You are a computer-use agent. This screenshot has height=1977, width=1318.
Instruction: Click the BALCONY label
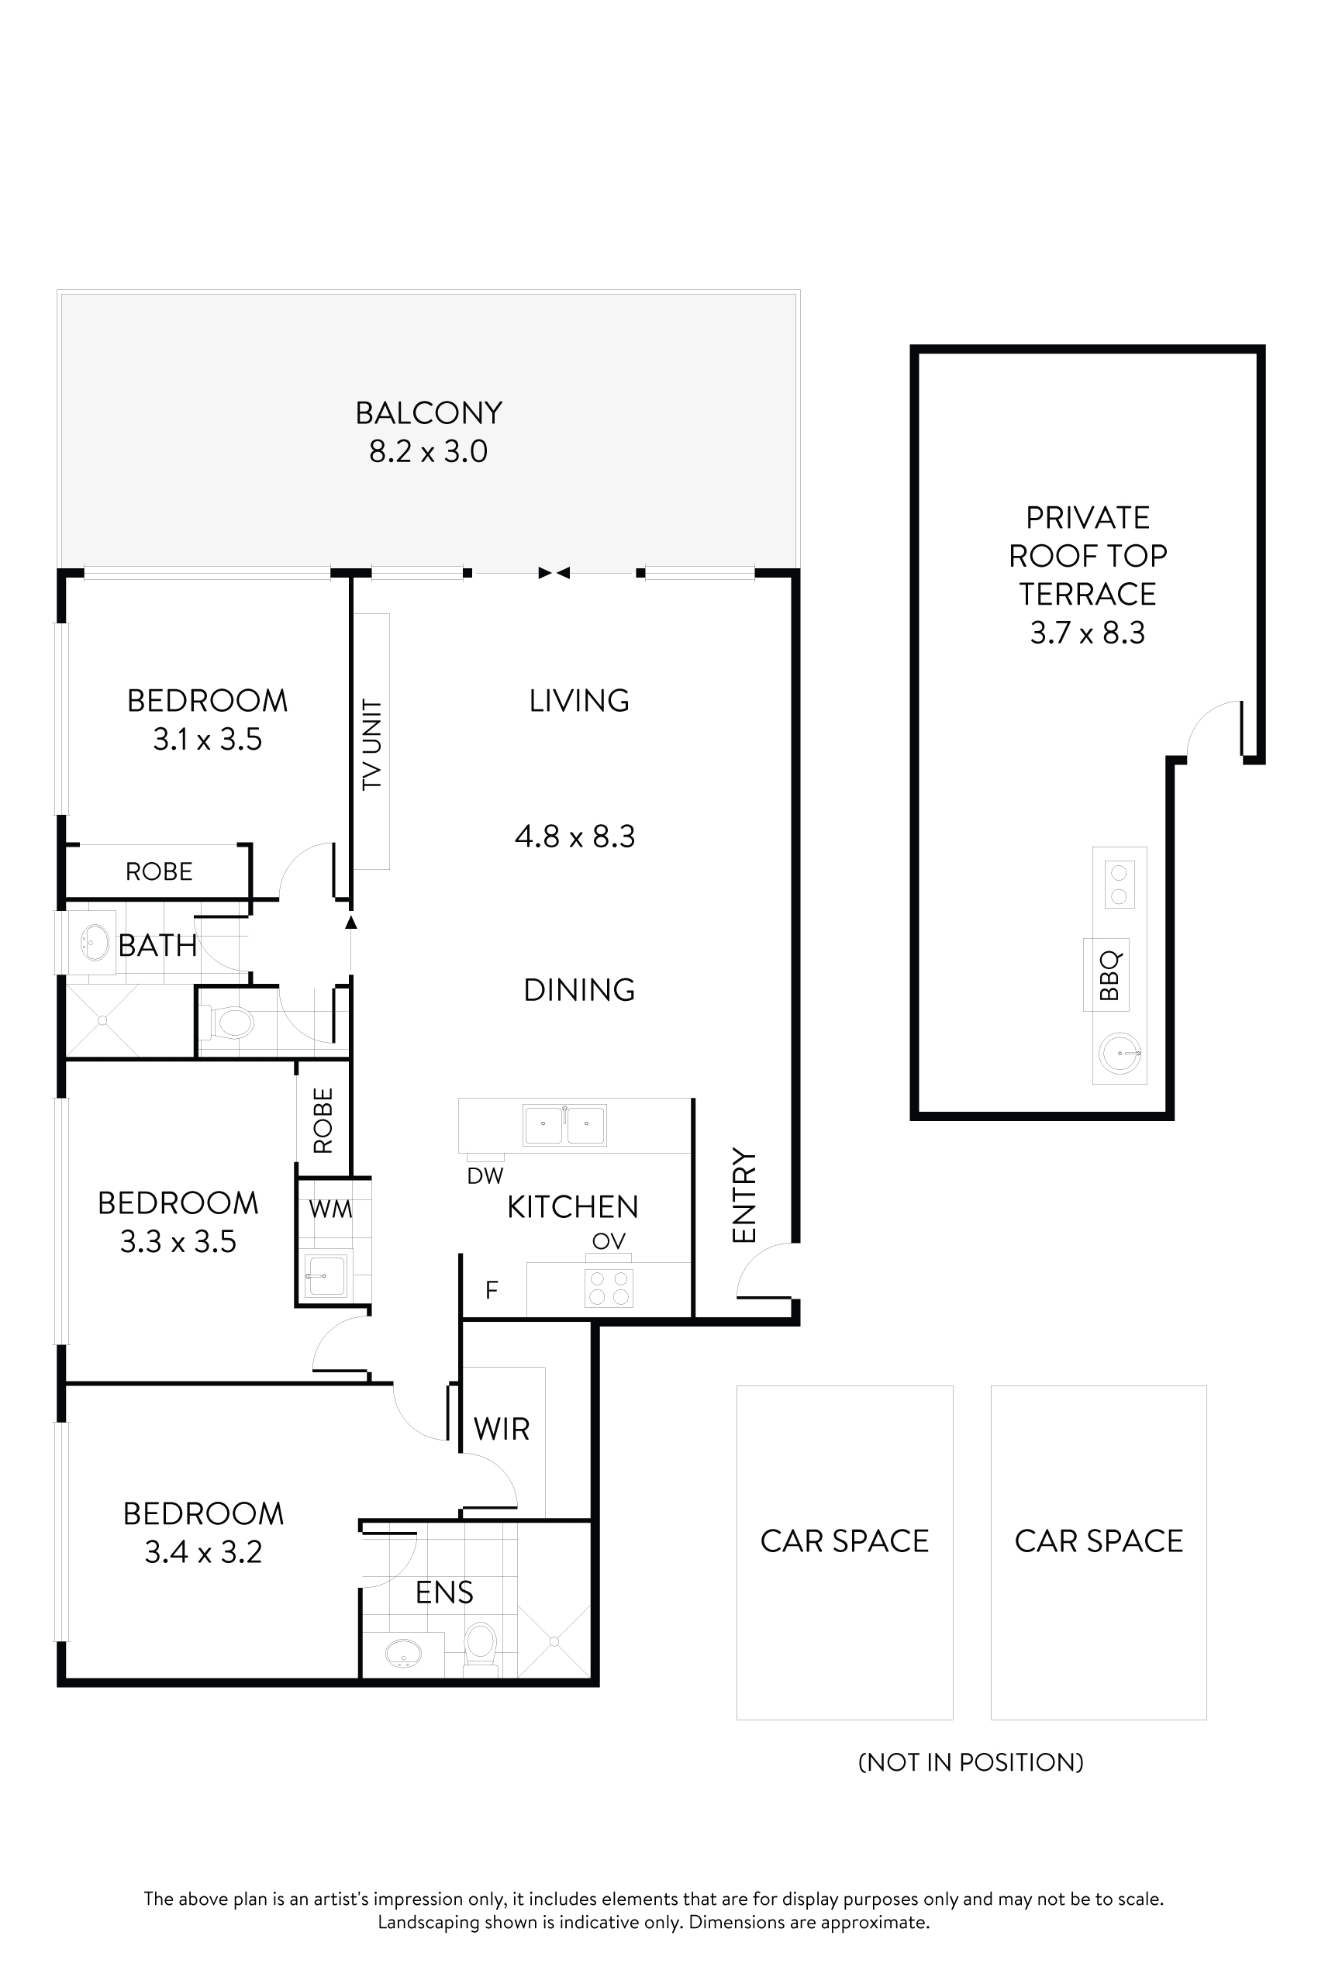coord(429,413)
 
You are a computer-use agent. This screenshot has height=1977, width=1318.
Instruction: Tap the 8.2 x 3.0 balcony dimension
coord(429,452)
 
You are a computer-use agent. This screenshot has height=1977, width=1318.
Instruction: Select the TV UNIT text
coord(371,744)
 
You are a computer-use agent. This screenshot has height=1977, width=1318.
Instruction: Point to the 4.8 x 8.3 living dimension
coord(575,837)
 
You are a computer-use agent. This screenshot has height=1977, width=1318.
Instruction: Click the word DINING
coord(579,990)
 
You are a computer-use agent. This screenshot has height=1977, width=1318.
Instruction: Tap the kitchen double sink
coord(565,1126)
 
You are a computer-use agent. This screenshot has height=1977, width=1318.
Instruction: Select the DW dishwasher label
coord(485,1176)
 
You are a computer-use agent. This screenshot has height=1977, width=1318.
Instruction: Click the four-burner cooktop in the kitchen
coord(609,1288)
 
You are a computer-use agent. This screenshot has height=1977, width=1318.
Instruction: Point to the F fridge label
coord(492,1289)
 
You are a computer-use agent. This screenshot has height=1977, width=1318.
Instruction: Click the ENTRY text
coord(745,1196)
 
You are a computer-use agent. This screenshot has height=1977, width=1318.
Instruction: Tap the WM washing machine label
coord(330,1209)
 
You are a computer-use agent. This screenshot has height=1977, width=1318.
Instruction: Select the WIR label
coord(502,1429)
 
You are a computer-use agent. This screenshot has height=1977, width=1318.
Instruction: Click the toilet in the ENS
coord(481,1644)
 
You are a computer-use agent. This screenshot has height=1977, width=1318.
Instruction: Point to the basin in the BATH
coord(93,943)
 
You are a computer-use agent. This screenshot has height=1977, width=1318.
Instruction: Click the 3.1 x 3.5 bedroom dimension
coord(208,740)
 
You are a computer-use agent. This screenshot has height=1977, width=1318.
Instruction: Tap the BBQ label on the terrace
coord(1109,975)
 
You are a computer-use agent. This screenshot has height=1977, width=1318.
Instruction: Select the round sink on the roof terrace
coord(1120,1053)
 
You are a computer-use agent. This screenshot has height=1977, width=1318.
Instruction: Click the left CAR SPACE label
coord(845,1541)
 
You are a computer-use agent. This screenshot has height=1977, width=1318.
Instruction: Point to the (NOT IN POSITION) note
coord(971,1763)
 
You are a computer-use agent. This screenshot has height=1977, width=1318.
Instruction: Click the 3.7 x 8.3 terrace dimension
coord(1088,633)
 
